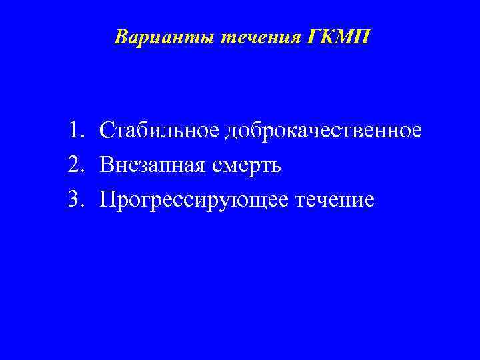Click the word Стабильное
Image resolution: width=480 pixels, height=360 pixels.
click(159, 130)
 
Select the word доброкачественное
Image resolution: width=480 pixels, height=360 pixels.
click(323, 130)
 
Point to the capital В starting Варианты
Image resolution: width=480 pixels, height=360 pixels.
click(121, 37)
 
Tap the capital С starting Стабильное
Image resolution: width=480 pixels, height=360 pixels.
click(106, 130)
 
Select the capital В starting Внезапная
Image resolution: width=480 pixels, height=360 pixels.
click(106, 165)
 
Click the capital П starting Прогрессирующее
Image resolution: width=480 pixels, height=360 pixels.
click(107, 199)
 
